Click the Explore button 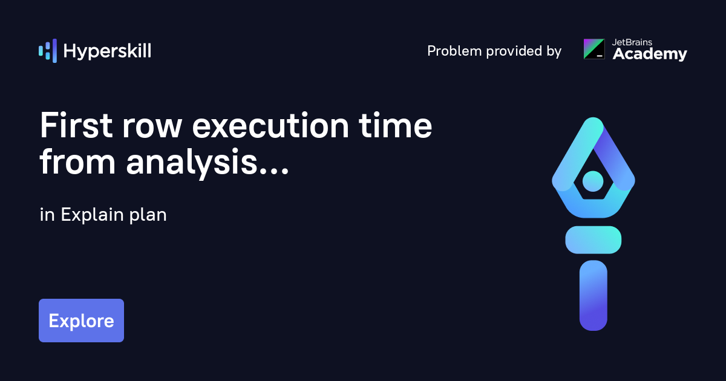click(81, 321)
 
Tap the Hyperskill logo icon click(47, 51)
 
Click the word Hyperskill click(107, 51)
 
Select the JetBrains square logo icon click(594, 49)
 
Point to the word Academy click(650, 55)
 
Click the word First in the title click(77, 127)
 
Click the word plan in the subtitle click(148, 215)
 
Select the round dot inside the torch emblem click(593, 180)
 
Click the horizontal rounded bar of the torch click(593, 239)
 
